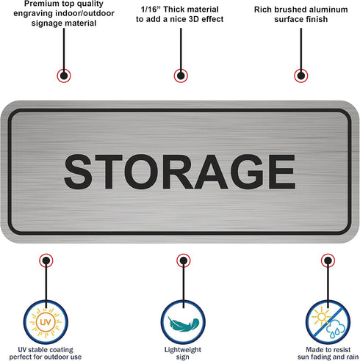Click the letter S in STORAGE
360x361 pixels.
(78, 172)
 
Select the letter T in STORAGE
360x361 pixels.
(109, 172)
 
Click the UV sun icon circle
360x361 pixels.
(46, 322)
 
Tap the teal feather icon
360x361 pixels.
(183, 322)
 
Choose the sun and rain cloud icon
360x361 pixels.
(328, 322)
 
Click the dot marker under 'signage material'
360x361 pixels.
(64, 76)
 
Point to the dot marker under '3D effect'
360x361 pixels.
(181, 76)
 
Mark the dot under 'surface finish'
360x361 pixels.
(301, 76)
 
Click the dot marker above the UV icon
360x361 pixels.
(46, 260)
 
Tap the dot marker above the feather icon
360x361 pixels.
(184, 260)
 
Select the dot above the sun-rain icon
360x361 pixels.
(328, 260)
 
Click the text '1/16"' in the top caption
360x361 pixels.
(150, 10)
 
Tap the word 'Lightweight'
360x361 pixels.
(183, 350)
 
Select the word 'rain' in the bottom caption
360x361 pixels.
(351, 357)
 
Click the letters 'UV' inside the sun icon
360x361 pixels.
(46, 321)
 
